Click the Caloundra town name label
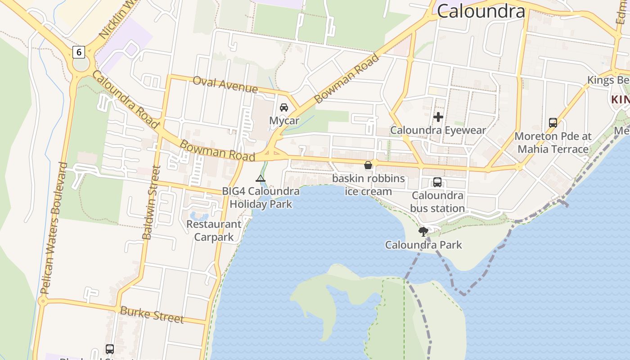click(x=481, y=11)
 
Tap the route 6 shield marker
click(x=79, y=52)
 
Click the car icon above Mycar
click(x=284, y=108)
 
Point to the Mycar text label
click(x=284, y=121)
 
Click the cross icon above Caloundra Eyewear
click(x=438, y=117)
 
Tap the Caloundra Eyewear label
click(x=438, y=130)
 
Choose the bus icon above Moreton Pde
click(x=553, y=122)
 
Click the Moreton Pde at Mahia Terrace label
click(x=553, y=142)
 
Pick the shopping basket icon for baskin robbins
click(x=368, y=165)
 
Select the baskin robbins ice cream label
click(x=369, y=185)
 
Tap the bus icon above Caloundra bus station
click(x=437, y=182)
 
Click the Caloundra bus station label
click(x=437, y=202)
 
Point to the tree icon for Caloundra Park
click(x=423, y=232)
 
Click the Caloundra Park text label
click(x=423, y=245)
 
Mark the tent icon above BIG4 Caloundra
click(x=261, y=179)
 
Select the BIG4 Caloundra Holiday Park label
click(x=261, y=198)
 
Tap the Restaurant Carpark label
click(x=214, y=230)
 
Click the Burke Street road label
click(x=152, y=315)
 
